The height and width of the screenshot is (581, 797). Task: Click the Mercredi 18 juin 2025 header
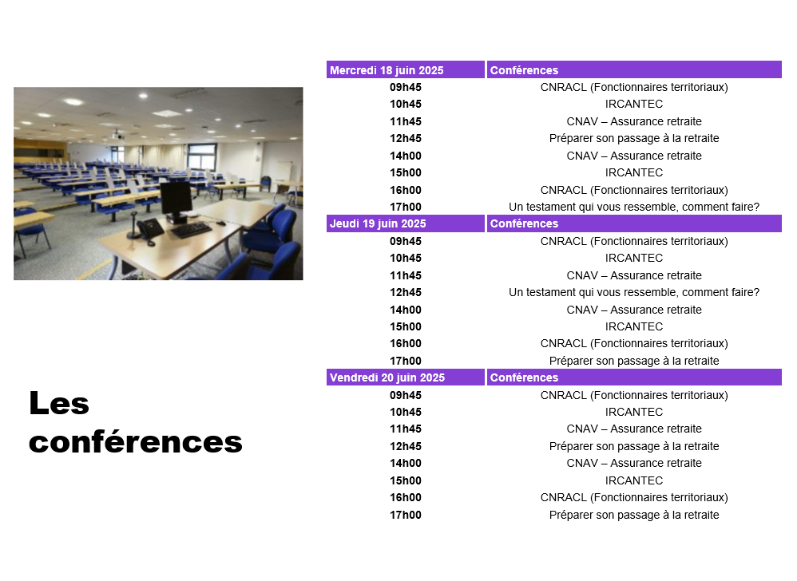coord(387,70)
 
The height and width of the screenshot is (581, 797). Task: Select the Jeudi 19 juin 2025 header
coord(378,223)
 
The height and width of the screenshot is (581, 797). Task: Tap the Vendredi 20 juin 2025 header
coord(387,377)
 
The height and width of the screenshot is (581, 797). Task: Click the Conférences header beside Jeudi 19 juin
coord(524,223)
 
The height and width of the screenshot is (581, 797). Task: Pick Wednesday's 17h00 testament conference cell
coord(634,207)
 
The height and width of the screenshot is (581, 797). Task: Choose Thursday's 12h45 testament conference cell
coord(634,292)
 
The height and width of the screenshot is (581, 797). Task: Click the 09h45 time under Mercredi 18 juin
coord(406,87)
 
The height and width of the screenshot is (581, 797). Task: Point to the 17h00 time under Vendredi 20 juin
coord(406,515)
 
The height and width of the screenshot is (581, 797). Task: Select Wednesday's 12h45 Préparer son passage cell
coord(634,138)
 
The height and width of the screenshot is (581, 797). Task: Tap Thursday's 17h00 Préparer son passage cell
coord(634,361)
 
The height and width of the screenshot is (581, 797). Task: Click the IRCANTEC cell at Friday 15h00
coord(634,480)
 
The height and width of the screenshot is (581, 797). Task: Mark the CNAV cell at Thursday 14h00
coord(634,310)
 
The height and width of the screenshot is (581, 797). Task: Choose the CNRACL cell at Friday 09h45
coord(634,395)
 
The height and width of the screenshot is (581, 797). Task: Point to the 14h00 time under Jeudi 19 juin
coord(406,310)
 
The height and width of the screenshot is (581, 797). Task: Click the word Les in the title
coord(59,403)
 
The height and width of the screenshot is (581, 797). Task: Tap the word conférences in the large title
coord(136,441)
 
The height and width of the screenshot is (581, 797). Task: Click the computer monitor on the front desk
coord(176,201)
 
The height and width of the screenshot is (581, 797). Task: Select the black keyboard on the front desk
coord(192,230)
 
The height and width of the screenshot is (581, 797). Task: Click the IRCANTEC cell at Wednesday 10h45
coord(634,104)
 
